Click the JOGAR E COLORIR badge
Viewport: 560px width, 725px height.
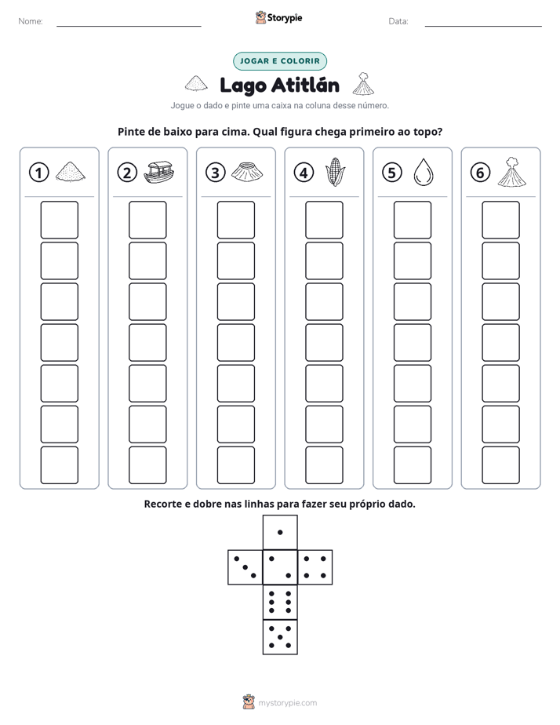(x=279, y=61)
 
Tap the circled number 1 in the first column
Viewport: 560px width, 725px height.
(x=38, y=173)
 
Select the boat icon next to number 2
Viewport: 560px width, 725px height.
(x=158, y=172)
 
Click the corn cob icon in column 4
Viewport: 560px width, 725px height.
(x=335, y=172)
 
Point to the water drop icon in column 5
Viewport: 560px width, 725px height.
(x=423, y=172)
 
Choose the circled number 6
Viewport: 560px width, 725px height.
(x=480, y=173)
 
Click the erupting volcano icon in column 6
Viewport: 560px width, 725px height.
(x=511, y=172)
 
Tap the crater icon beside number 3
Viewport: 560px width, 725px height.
(x=247, y=172)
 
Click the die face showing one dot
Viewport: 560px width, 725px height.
(x=280, y=532)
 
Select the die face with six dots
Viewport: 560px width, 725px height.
(x=280, y=602)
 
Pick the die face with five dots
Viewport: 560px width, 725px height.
(x=280, y=637)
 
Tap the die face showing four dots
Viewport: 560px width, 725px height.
(x=315, y=567)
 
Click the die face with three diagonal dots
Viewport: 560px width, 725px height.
(x=245, y=567)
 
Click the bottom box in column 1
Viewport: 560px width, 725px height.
(x=59, y=465)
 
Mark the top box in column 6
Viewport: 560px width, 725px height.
(x=501, y=220)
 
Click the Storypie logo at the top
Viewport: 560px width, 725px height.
(x=279, y=17)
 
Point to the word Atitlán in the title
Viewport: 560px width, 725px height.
(x=305, y=86)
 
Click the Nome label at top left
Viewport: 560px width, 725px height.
(x=31, y=21)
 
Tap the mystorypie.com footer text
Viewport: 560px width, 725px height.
(x=287, y=703)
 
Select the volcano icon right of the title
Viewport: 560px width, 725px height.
(x=363, y=84)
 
